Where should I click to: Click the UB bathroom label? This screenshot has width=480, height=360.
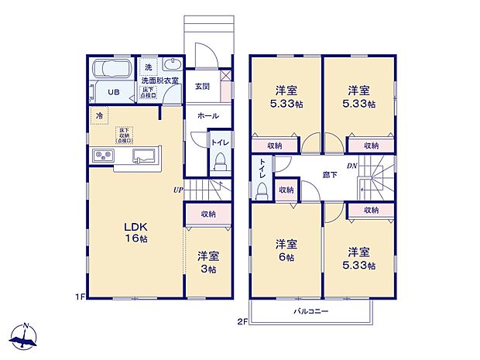coord(114,92)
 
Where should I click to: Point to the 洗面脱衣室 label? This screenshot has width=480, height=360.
coord(159,81)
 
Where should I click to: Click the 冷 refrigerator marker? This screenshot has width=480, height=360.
coord(98,116)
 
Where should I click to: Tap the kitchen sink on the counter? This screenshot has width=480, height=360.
coord(144,157)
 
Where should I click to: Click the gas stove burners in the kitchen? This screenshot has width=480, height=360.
coord(103,157)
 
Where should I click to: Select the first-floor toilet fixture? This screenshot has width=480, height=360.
coord(219,161)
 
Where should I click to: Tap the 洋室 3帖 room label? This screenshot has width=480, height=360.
coord(206,261)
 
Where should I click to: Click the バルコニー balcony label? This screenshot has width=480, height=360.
coord(310,310)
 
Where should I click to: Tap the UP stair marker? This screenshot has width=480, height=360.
coord(178,188)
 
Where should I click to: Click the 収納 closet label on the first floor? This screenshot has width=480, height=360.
coord(207,214)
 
